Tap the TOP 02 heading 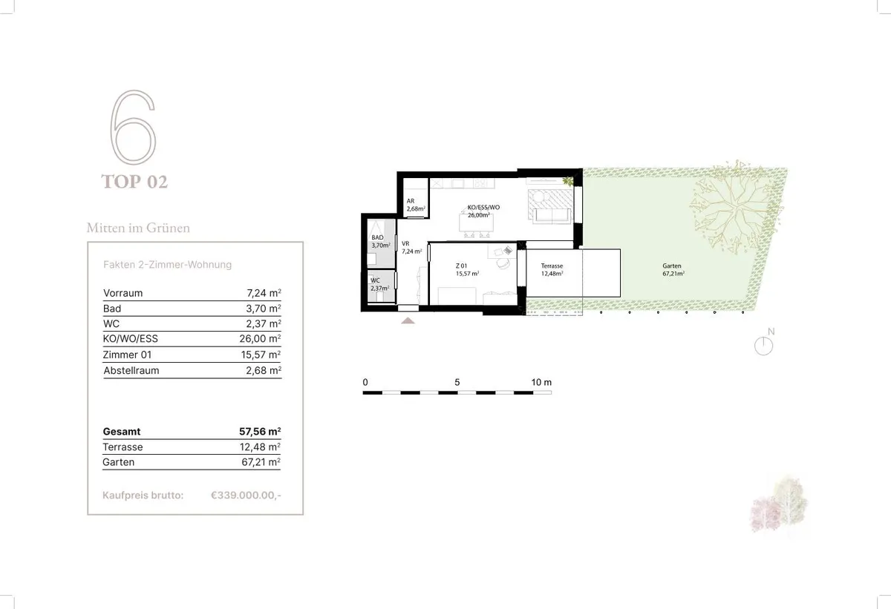point(134,182)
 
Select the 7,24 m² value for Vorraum point(264,293)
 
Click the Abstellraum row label point(131,371)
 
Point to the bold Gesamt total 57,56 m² point(260,432)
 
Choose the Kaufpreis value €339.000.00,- point(246,496)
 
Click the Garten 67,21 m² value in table point(261,462)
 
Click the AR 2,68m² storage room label point(416,205)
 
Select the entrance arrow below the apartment point(408,320)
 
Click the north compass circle point(763,346)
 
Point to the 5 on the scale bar point(457,382)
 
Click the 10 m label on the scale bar point(541,382)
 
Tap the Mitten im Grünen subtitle point(138,228)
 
